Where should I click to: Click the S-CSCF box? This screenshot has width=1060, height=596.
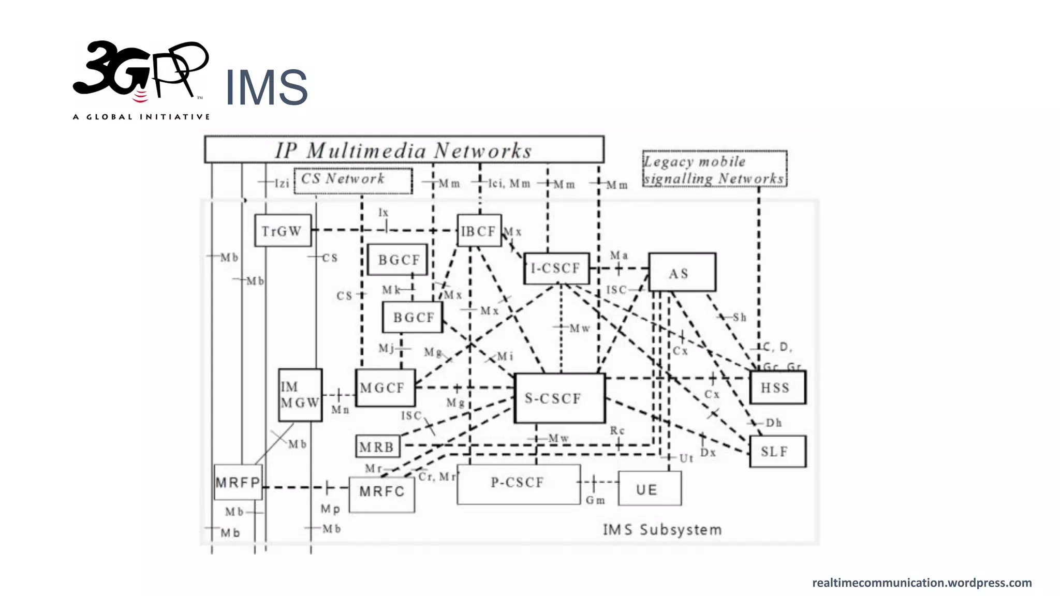(x=560, y=398)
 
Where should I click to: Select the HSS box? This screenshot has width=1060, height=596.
(x=777, y=388)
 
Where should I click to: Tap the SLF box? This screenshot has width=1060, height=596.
(x=777, y=452)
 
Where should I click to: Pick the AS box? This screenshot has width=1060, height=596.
(x=682, y=272)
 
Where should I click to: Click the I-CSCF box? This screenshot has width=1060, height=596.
(x=556, y=268)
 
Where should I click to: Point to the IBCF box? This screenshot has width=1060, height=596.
(x=479, y=231)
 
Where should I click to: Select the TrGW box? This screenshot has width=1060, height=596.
(x=283, y=231)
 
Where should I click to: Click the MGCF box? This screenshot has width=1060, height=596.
(x=385, y=388)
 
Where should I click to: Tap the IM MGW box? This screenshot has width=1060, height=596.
(x=300, y=395)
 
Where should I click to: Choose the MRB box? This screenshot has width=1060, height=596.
(x=378, y=446)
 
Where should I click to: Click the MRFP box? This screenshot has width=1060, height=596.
(x=238, y=482)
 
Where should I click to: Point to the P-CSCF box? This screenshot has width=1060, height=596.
(x=519, y=484)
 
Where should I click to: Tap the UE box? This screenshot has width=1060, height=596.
(x=650, y=488)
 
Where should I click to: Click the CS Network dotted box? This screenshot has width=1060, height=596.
(x=353, y=181)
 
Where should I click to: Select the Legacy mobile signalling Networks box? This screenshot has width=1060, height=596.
(x=714, y=169)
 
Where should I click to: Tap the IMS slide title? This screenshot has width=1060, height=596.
(x=266, y=87)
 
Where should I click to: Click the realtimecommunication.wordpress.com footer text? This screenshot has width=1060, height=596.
(x=921, y=583)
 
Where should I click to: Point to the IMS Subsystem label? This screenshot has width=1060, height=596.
(x=662, y=530)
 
